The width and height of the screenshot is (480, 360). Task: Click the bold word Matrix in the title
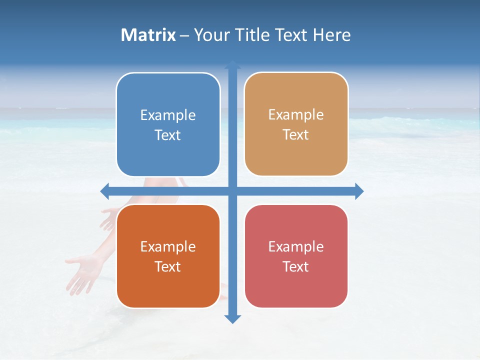click(x=148, y=35)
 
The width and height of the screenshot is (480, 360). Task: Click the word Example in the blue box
click(x=168, y=115)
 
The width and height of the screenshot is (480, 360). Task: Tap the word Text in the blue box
click(x=168, y=135)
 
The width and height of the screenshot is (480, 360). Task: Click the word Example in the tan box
click(x=296, y=115)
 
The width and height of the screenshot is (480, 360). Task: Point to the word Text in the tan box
click(x=296, y=135)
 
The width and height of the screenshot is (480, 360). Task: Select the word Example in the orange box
click(x=168, y=247)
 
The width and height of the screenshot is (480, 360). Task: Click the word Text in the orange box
click(x=168, y=267)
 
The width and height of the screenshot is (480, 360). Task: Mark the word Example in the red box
click(x=296, y=247)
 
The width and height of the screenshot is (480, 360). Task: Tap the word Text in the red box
click(x=296, y=267)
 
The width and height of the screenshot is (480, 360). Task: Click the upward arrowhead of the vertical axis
click(x=232, y=65)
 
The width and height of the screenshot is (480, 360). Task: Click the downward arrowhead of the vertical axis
click(x=232, y=318)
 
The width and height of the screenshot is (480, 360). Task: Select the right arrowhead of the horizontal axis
click(x=358, y=191)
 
